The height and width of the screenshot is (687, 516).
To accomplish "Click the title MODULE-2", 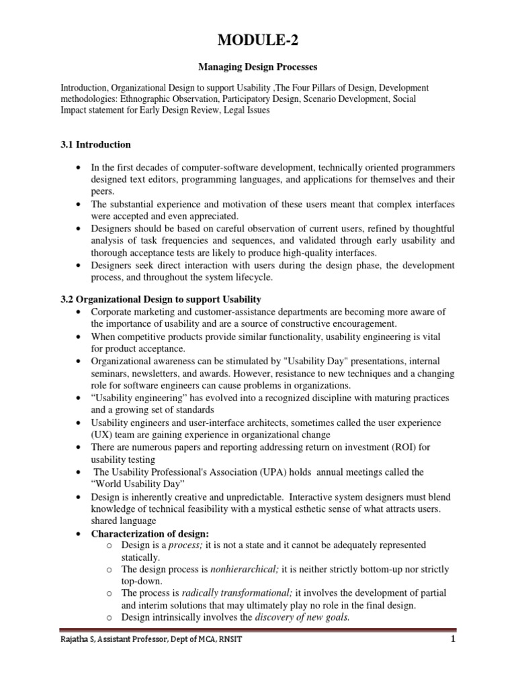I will click(x=257, y=42).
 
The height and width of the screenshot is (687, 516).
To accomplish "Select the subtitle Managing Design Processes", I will click(x=257, y=68).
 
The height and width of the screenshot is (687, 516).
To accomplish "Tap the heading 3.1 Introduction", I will click(x=96, y=144).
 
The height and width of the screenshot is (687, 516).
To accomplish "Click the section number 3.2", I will click(x=69, y=298).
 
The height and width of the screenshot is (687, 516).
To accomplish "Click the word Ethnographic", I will click(x=144, y=99).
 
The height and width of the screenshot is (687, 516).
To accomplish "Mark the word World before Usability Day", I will click(x=110, y=484).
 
